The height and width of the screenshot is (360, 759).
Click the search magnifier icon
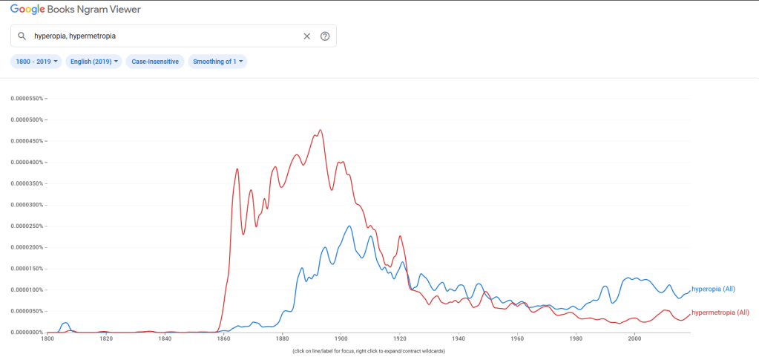(x=22, y=36)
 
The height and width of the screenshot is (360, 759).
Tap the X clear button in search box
(x=306, y=36)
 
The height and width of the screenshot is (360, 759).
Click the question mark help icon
(x=325, y=36)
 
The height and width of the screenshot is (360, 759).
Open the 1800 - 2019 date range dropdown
(x=36, y=62)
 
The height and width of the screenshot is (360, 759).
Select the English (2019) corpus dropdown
(x=93, y=62)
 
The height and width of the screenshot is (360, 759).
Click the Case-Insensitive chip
(x=155, y=62)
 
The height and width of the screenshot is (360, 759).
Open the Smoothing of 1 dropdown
(x=217, y=62)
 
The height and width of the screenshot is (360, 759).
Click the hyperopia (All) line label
(x=713, y=289)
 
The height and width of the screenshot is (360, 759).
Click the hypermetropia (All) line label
(x=720, y=312)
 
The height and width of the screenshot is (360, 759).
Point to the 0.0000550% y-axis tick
(x=28, y=98)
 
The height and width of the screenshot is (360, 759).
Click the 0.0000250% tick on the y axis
(x=28, y=226)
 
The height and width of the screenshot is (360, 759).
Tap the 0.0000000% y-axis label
(x=28, y=332)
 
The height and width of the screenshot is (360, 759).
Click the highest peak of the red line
(x=321, y=130)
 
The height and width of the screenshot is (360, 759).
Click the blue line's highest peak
(x=349, y=226)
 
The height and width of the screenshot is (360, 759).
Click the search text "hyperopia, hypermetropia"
(x=75, y=36)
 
